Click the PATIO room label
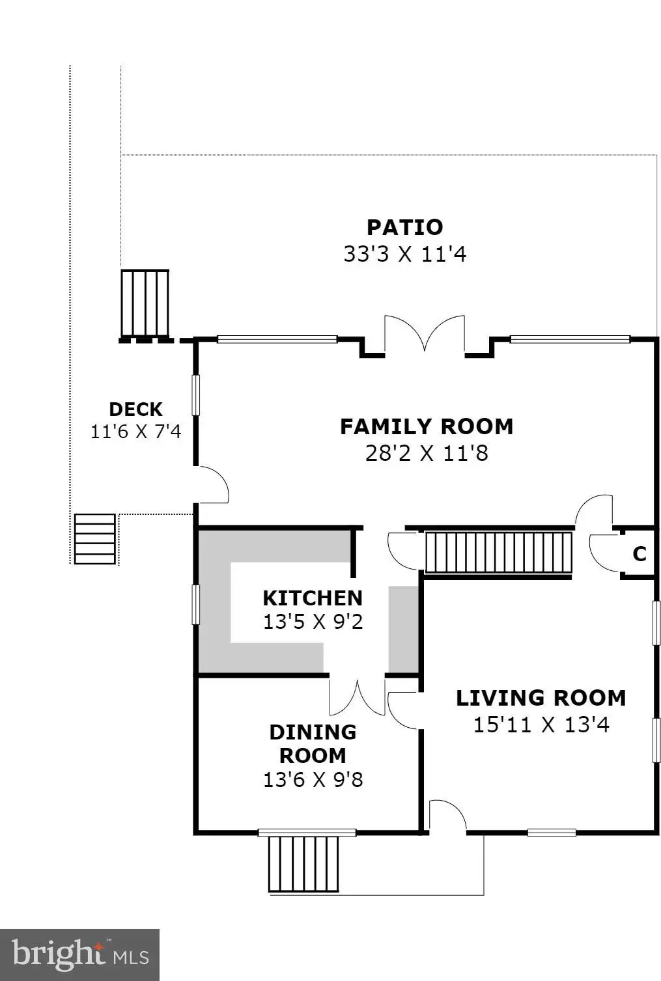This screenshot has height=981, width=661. click(x=405, y=227)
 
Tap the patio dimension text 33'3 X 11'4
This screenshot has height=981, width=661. click(x=405, y=254)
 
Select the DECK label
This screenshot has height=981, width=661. click(x=136, y=409)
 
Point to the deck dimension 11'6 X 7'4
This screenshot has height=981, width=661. click(x=136, y=432)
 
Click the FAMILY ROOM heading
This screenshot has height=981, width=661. click(x=427, y=426)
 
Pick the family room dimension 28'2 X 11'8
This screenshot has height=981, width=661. click(x=427, y=453)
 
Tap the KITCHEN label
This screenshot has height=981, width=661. click(x=313, y=598)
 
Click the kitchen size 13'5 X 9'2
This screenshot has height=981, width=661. click(x=313, y=622)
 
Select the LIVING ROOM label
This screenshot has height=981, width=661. click(x=541, y=698)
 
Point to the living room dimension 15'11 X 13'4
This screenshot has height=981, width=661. click(x=541, y=725)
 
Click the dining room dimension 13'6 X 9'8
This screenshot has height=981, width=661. click(x=313, y=780)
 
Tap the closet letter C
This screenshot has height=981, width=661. click(x=640, y=554)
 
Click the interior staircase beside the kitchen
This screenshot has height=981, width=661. click(x=498, y=552)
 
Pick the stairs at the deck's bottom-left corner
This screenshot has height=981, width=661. click(x=95, y=539)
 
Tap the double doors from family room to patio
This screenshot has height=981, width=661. click(x=425, y=334)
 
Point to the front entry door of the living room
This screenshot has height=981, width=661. click(x=447, y=816)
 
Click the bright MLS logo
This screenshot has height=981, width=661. click(x=79, y=955)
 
